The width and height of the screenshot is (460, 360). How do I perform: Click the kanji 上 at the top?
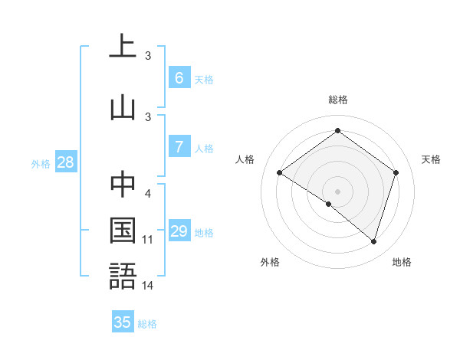point(123,46)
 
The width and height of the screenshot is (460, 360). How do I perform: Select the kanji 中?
point(123,184)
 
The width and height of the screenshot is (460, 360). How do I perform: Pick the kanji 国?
point(123,230)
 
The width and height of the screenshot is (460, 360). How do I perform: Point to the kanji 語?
point(123,276)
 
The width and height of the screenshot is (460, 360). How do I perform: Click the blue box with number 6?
point(179,78)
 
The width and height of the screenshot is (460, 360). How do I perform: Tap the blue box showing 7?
point(179,147)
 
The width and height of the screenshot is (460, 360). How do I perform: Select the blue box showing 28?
point(65,162)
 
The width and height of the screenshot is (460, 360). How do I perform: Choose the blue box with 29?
point(179,231)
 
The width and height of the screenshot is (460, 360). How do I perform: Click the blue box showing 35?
point(123,322)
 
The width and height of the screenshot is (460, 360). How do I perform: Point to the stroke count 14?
point(148,286)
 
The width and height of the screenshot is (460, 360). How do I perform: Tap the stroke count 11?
point(148,240)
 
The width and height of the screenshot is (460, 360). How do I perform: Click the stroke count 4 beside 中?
point(148,193)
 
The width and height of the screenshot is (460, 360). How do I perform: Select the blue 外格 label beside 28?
point(41,163)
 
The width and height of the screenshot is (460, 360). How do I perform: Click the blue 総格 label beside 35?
point(147,324)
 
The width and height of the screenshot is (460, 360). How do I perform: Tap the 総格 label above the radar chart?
point(337,100)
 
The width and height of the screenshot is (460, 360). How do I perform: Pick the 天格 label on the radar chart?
point(431,159)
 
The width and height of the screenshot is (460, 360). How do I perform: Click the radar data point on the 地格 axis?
point(373,241)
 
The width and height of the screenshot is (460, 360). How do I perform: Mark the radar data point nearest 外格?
point(329,204)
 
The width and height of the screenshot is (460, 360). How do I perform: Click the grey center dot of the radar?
point(337,191)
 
